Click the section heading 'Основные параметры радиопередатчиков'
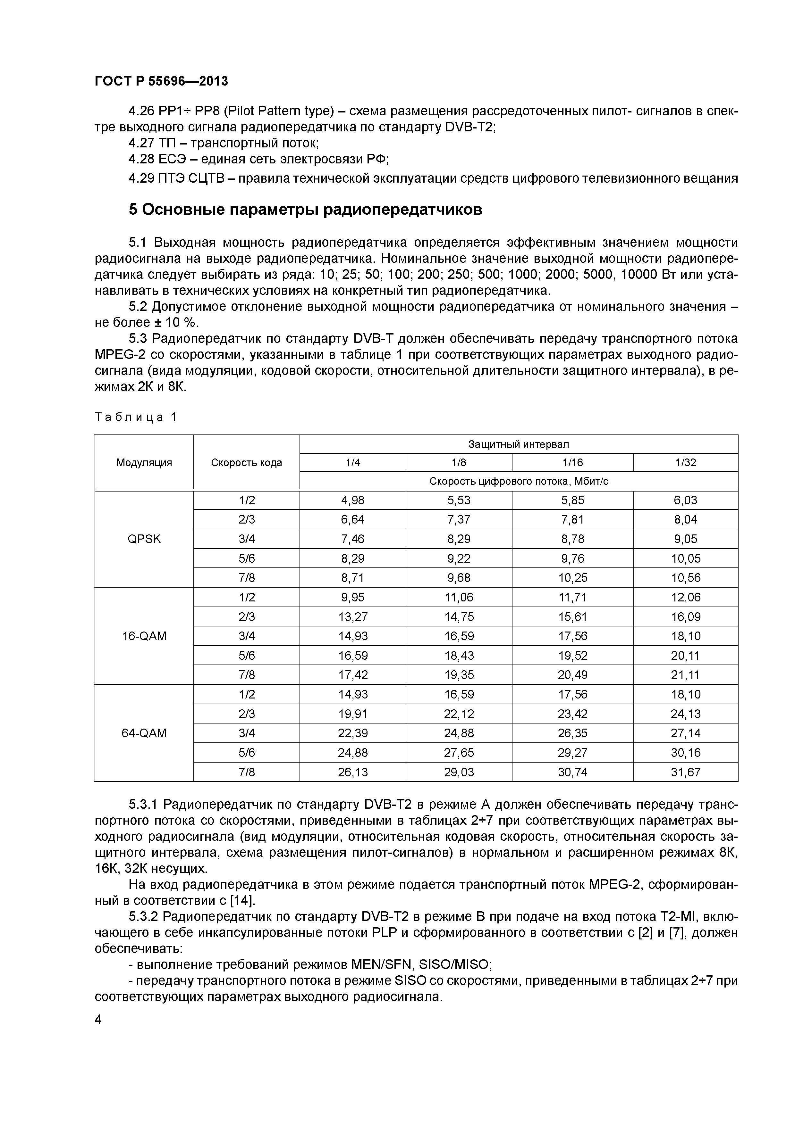(305, 210)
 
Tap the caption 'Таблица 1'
(135, 417)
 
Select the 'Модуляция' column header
(144, 463)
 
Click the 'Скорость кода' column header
(246, 463)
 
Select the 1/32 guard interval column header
(685, 463)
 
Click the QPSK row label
(144, 539)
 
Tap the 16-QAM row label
(144, 636)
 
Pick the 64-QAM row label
(144, 733)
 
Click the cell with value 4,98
(353, 500)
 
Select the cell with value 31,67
(685, 772)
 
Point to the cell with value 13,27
(353, 617)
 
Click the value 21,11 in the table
(685, 674)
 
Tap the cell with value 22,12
(459, 714)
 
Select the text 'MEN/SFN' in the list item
(382, 965)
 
